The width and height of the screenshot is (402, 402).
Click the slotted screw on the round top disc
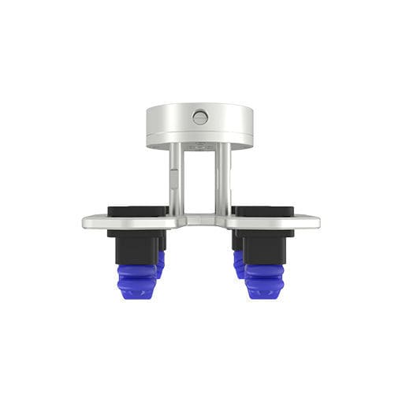tap(200, 118)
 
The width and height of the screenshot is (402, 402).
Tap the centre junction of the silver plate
tap(200, 220)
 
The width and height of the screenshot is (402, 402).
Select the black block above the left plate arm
tap(138, 210)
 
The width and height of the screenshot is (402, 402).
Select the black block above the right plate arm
tap(263, 210)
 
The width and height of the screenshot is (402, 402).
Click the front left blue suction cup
tap(135, 279)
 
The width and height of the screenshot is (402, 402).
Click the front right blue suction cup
tap(265, 279)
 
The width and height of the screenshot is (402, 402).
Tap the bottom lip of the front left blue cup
tap(135, 293)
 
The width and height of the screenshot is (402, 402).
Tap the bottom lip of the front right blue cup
tap(265, 293)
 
